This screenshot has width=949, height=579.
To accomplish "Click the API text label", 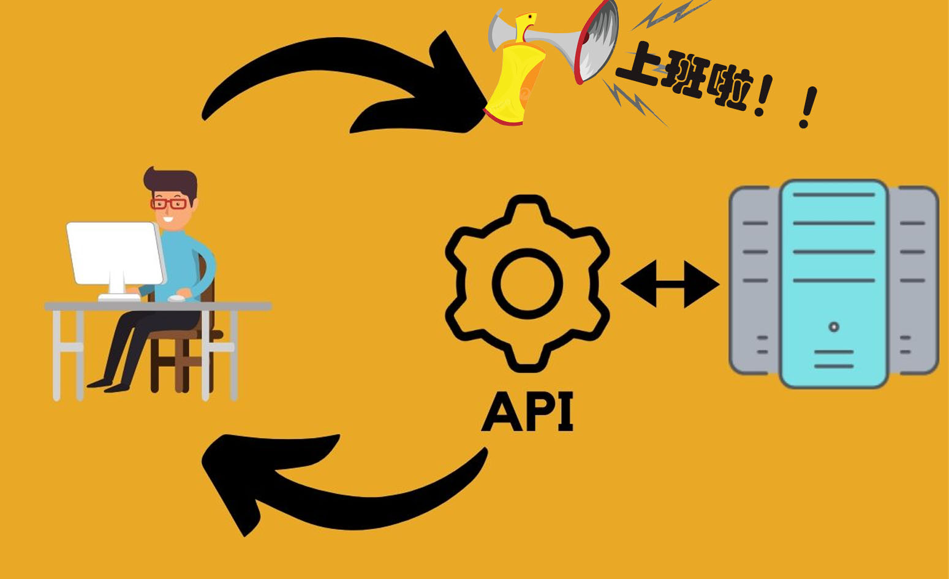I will pos(527,412).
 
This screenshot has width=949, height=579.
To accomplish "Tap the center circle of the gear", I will pos(527,284).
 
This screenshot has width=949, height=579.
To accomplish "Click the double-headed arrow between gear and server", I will pos(670,284).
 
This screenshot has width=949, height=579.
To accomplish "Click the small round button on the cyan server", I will pos(834,327).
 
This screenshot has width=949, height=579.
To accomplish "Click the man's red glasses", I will pos(169,203).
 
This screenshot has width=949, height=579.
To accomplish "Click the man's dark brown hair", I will pos(172,181).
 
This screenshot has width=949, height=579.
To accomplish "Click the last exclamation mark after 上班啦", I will pos(809,108).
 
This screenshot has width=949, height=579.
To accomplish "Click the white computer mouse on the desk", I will pos(177,298).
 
